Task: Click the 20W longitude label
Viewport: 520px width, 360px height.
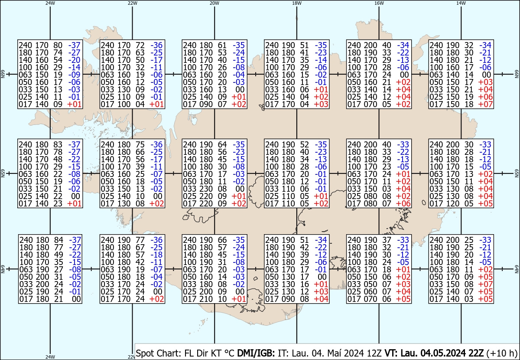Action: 214,3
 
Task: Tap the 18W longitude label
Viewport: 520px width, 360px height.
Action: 296,3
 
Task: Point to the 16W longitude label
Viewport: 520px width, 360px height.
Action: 379,3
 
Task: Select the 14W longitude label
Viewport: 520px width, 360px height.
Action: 461,3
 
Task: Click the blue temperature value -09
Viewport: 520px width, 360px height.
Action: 74,75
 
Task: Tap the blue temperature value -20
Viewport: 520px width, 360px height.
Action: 74,60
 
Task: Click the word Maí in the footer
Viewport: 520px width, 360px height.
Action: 329,353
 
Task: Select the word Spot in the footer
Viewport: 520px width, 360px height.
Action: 145,353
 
